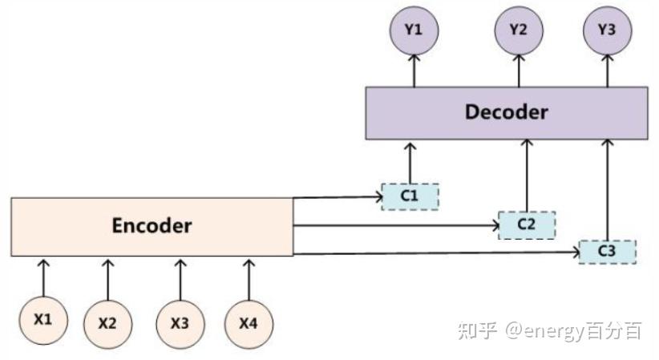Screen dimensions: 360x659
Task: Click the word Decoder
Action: click(506, 112)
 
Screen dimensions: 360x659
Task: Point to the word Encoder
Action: click(152, 226)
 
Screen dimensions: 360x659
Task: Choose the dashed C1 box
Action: click(410, 196)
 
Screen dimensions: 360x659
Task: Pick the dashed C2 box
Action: click(526, 224)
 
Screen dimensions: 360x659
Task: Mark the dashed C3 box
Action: click(607, 252)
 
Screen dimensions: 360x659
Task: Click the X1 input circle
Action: click(43, 319)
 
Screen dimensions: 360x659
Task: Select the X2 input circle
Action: click(107, 323)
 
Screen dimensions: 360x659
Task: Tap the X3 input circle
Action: click(180, 323)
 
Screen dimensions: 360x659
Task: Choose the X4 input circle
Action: click(248, 323)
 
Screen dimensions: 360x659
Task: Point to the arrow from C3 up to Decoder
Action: click(607, 189)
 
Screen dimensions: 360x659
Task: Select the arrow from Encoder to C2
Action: click(397, 225)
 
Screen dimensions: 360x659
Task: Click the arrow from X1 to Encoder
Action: click(44, 277)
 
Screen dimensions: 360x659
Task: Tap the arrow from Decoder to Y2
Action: click(518, 71)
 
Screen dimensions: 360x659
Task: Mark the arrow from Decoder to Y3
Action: click(607, 71)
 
